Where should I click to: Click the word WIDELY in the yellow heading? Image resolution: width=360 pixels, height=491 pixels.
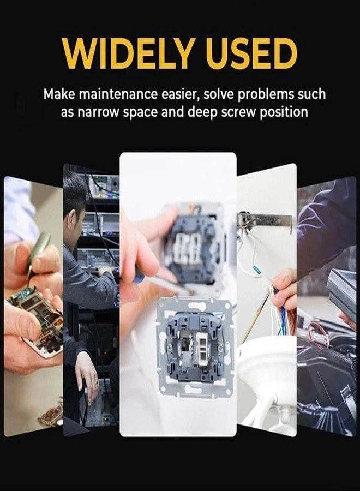127,53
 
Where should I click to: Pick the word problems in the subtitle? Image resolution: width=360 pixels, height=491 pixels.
266,94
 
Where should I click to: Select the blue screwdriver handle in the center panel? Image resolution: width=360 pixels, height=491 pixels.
138,276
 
